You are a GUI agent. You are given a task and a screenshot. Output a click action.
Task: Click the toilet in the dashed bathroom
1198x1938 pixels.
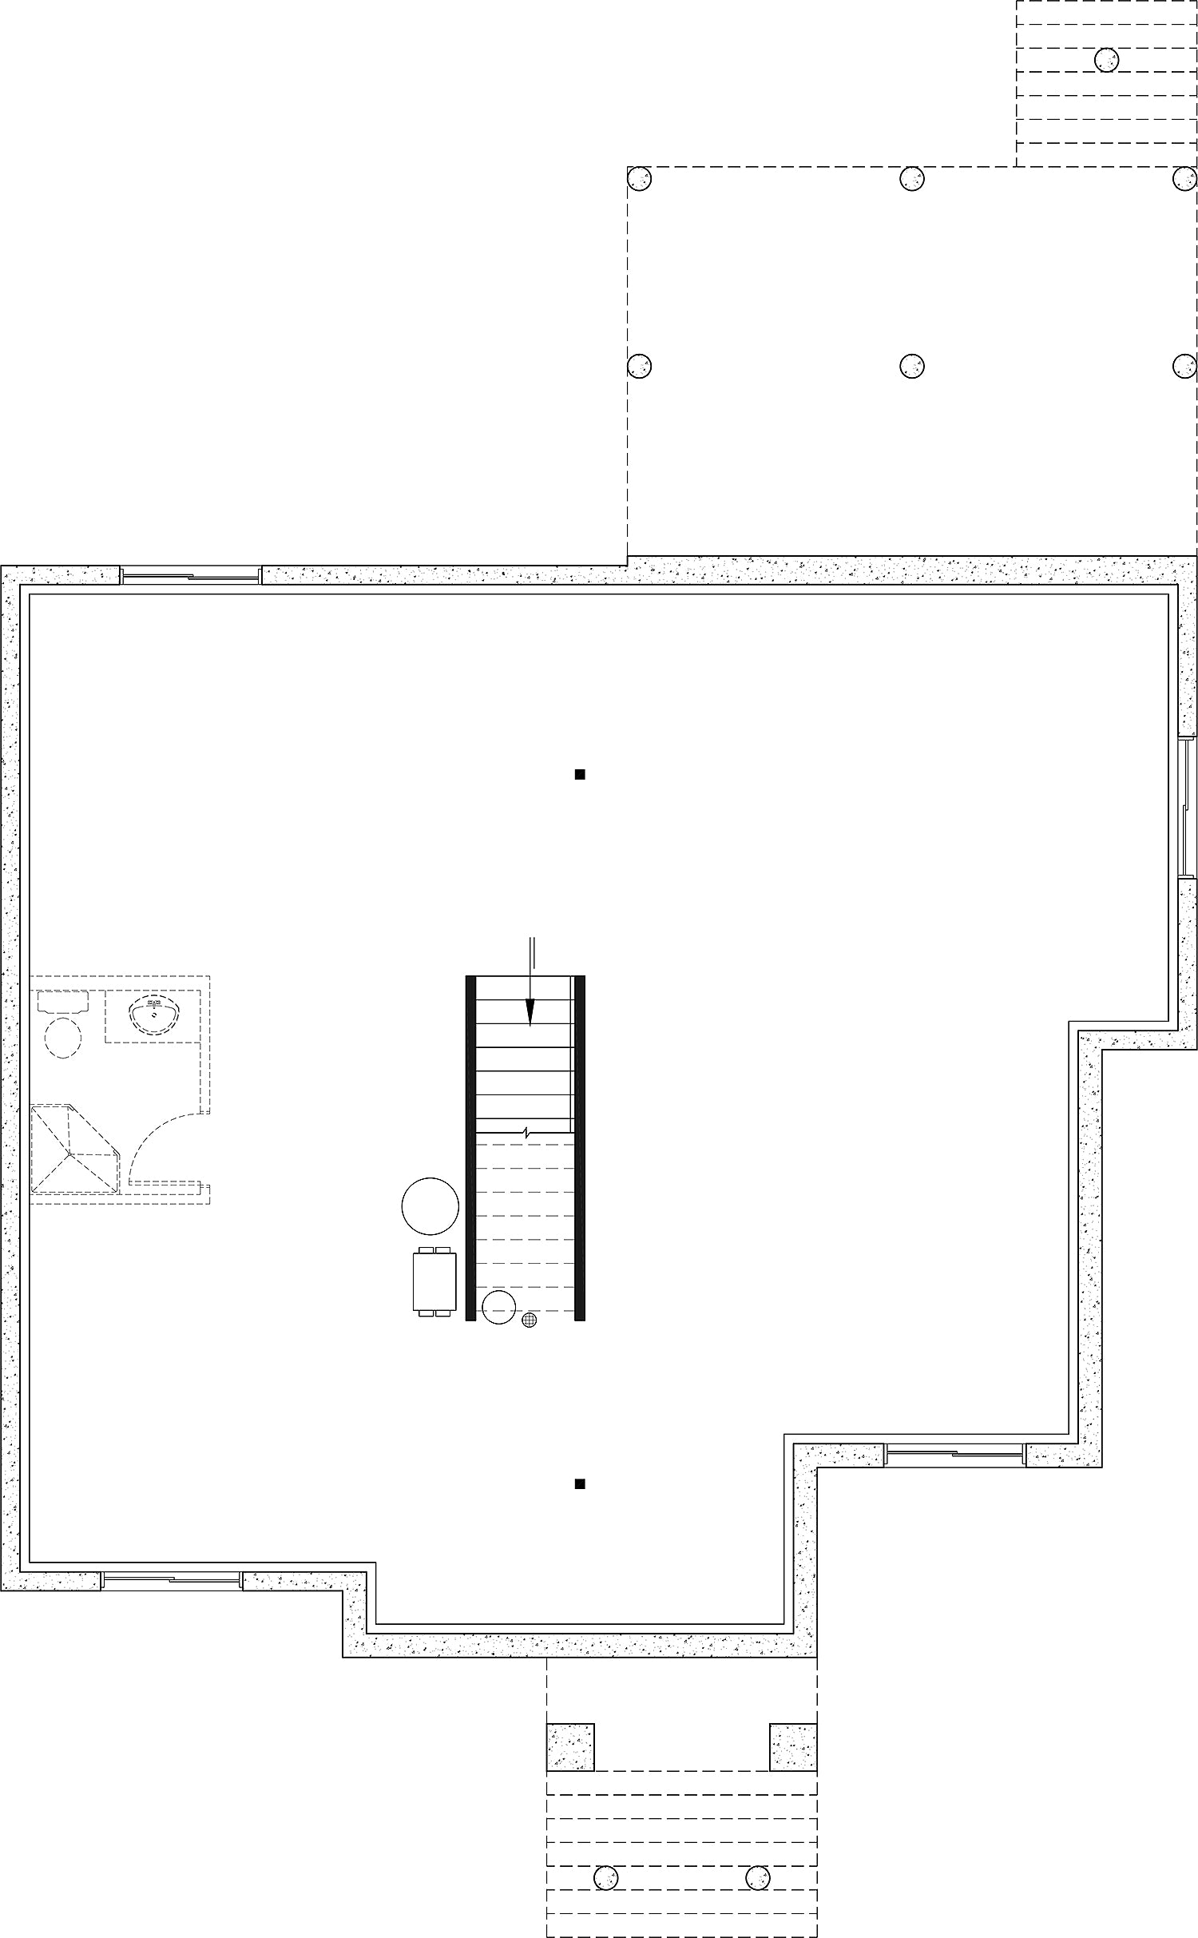(63, 1036)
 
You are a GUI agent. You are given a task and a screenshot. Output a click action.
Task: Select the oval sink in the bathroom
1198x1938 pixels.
(155, 1015)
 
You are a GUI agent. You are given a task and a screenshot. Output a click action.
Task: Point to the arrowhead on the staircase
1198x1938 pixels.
(530, 1014)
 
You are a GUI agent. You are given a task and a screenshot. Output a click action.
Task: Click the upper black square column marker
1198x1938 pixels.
(581, 773)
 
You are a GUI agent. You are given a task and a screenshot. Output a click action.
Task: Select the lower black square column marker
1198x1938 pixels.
(581, 1484)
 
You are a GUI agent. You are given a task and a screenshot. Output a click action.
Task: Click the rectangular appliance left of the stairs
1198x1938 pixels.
(434, 1281)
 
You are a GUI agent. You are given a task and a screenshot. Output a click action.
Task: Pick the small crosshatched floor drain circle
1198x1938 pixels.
(529, 1320)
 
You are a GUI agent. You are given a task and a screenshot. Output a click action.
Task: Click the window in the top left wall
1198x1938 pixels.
(191, 575)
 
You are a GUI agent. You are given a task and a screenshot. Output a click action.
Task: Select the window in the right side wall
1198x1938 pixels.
(1187, 807)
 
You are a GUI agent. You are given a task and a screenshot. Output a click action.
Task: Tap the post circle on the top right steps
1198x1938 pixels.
(1106, 59)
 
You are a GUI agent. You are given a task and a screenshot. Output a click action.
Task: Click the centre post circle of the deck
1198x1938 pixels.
(912, 366)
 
